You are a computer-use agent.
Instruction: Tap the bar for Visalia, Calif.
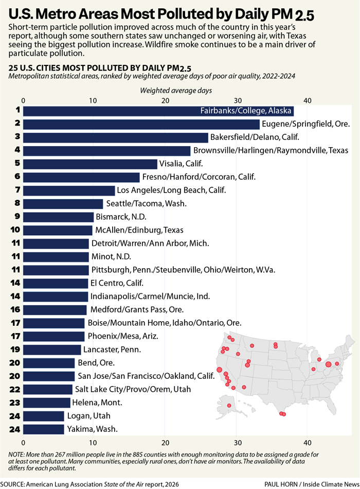[91, 164]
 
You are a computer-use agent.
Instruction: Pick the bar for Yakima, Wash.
[44, 429]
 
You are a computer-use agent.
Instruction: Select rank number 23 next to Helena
[15, 403]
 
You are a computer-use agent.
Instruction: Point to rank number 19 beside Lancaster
[15, 350]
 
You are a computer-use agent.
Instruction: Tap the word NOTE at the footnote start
[16, 454]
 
